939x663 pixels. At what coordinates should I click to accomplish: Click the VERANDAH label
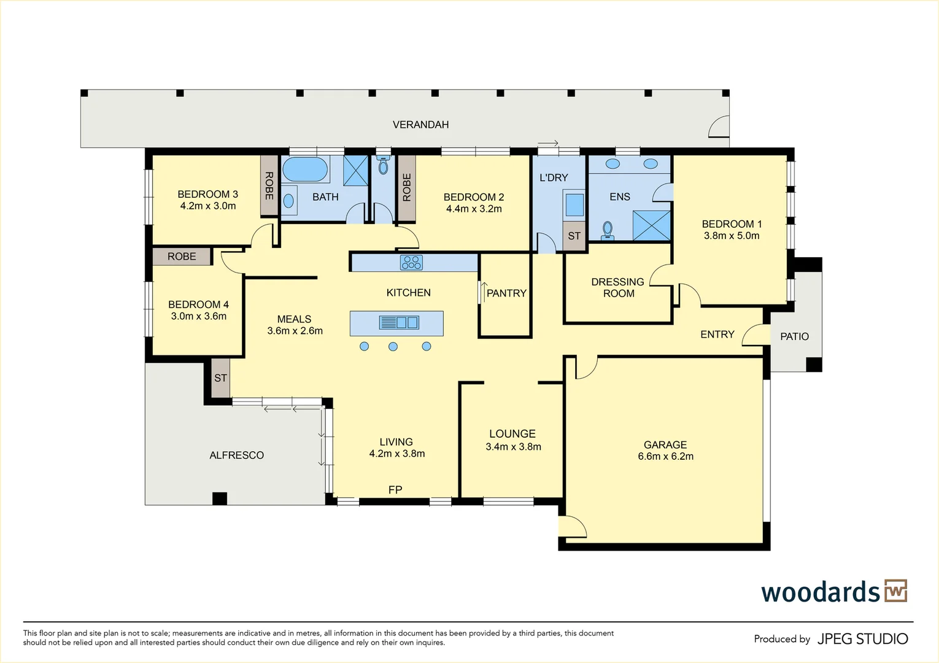420,125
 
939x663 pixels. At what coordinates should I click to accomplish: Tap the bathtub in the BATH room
305,169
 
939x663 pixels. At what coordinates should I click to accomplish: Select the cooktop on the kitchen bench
411,263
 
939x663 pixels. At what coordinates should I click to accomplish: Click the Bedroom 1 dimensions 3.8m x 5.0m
732,236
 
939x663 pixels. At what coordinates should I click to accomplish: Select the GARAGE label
665,444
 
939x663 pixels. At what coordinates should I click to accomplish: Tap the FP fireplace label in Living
395,490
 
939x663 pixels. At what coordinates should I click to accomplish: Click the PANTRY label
506,293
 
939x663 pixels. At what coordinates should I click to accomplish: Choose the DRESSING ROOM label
618,288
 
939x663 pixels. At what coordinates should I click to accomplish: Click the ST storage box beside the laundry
574,236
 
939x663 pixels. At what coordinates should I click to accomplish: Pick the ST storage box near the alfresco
220,378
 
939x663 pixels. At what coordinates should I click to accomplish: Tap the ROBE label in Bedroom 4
182,257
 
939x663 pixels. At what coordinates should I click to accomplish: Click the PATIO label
794,336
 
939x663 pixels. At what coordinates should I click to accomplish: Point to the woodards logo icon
895,591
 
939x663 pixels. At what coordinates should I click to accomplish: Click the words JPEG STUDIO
862,639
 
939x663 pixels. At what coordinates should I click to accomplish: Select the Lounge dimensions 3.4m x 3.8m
513,447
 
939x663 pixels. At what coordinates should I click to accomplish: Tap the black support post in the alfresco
219,498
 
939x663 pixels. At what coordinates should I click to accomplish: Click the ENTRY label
717,335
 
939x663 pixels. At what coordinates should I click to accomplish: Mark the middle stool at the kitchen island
393,347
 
